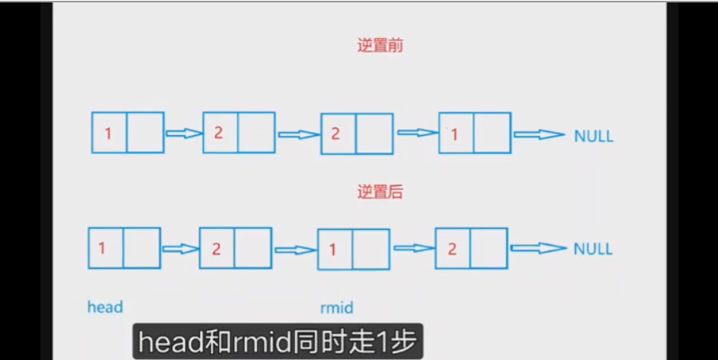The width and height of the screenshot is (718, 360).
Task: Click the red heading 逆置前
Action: tap(380, 46)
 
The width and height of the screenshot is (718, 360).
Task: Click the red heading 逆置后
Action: tap(380, 192)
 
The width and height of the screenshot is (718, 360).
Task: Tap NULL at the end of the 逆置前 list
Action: tap(593, 136)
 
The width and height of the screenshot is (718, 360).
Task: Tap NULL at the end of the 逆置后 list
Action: tap(593, 249)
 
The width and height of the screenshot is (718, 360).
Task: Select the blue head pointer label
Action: tap(106, 307)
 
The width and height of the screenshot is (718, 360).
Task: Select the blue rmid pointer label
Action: tap(336, 308)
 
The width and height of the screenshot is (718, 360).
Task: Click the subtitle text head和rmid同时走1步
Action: tap(278, 342)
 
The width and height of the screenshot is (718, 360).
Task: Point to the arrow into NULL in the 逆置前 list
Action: tap(539, 134)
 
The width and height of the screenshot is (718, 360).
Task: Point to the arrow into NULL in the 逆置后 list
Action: tap(539, 248)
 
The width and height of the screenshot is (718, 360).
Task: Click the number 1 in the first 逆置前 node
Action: tap(108, 134)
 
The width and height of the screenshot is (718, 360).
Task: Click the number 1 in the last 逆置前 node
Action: tap(455, 134)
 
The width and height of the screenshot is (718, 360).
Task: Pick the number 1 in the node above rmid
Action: tap(333, 250)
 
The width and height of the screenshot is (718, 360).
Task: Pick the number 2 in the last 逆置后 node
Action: tap(452, 249)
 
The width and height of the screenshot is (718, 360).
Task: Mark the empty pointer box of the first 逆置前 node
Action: tap(145, 133)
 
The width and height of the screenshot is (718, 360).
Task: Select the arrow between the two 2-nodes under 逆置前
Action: tap(298, 134)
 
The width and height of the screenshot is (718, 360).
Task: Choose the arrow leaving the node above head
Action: tap(180, 249)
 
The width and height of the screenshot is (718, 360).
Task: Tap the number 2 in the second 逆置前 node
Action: tap(218, 133)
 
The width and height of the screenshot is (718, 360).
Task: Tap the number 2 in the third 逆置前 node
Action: tap(335, 134)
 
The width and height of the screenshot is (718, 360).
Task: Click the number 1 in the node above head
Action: tap(102, 248)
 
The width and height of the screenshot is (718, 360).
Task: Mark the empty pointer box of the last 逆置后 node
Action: tap(489, 248)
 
